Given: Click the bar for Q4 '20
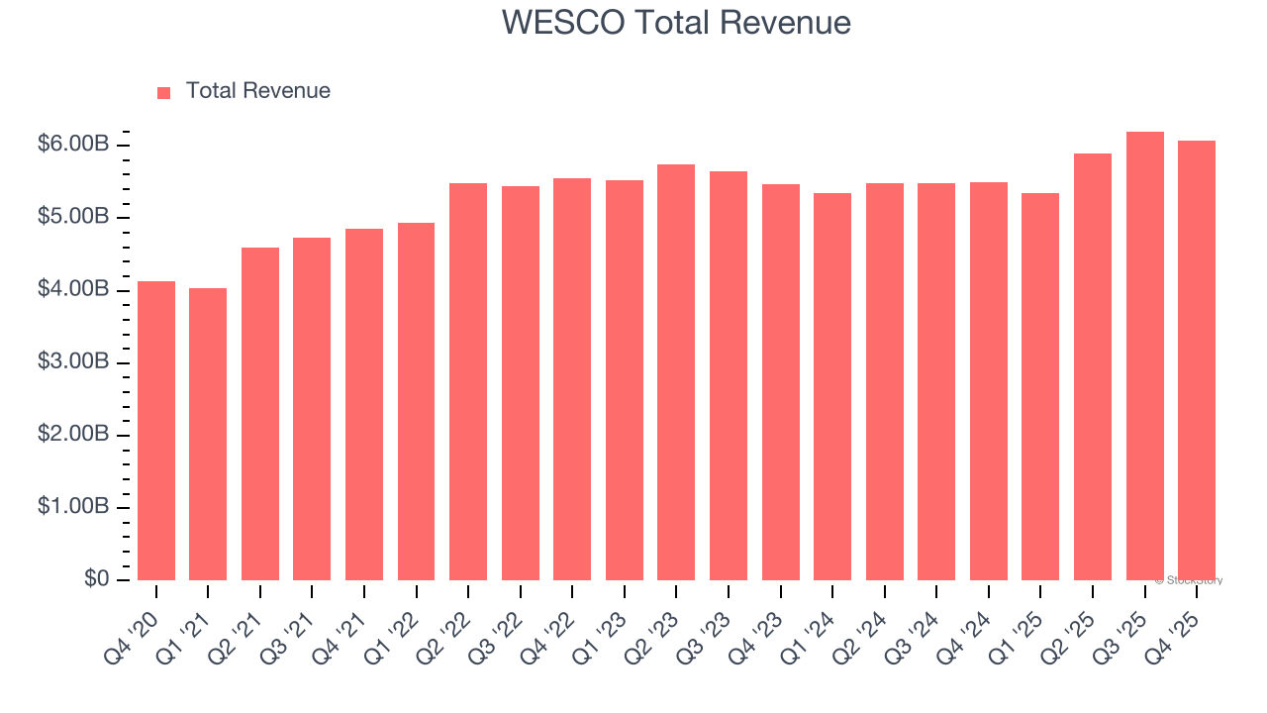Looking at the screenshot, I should point(156,431).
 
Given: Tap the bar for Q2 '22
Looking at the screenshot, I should point(468,381).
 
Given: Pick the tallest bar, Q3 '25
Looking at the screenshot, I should point(1144,356).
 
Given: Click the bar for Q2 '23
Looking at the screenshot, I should point(676,372).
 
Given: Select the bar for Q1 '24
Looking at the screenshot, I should point(832,386).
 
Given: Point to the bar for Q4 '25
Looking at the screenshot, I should point(1197,360).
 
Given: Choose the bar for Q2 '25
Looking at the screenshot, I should point(1093,366).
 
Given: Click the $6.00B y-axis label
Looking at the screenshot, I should point(73,145).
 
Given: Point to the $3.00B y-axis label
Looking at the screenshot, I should point(73,362).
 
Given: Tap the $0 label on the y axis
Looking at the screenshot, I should point(96,579).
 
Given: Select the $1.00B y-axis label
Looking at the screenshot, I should point(73,507).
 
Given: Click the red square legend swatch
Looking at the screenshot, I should point(164,92).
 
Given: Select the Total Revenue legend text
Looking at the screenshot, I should point(257,91).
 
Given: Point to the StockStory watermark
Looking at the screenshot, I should point(1189,580).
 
